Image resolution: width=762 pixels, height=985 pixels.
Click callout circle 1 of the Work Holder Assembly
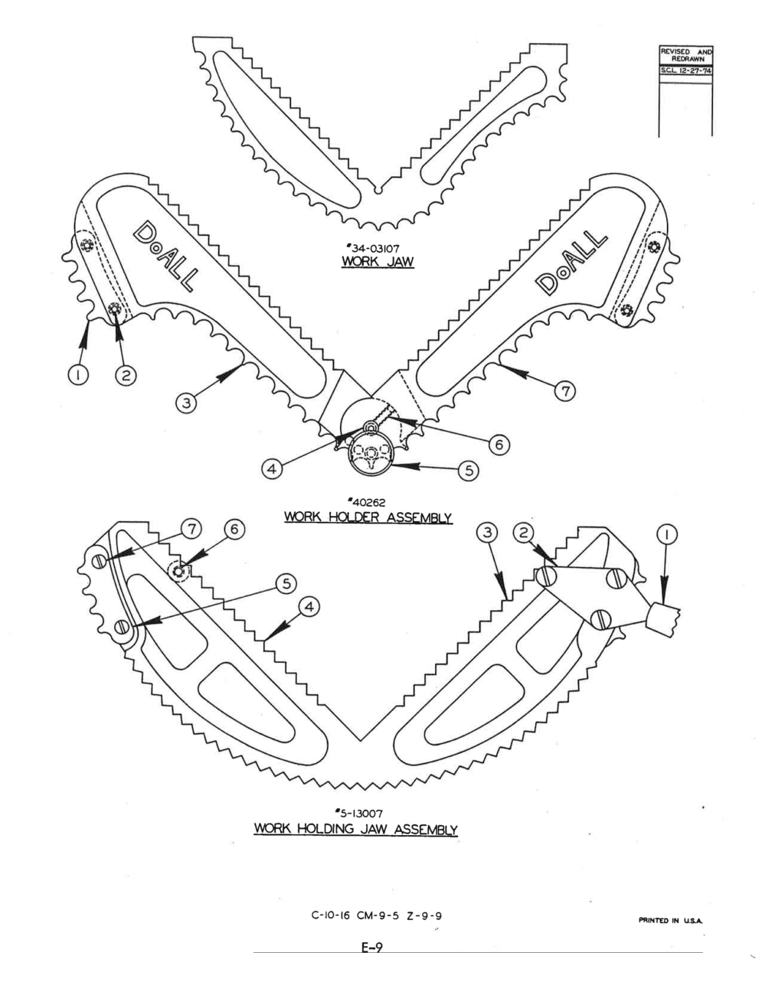[78, 376]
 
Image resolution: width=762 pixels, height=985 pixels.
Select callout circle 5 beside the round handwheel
[469, 471]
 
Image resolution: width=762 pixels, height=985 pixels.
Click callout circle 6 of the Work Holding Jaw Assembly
[234, 529]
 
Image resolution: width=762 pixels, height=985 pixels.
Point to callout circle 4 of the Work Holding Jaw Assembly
[309, 608]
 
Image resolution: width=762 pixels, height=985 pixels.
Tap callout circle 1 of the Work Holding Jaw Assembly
[667, 534]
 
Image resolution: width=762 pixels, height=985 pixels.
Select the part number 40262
[367, 502]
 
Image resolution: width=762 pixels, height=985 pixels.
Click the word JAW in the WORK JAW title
[397, 262]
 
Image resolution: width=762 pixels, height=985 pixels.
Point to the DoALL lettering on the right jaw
[571, 261]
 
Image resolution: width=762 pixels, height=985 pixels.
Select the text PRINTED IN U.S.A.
[671, 921]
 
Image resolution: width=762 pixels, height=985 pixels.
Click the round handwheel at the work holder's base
[371, 453]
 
